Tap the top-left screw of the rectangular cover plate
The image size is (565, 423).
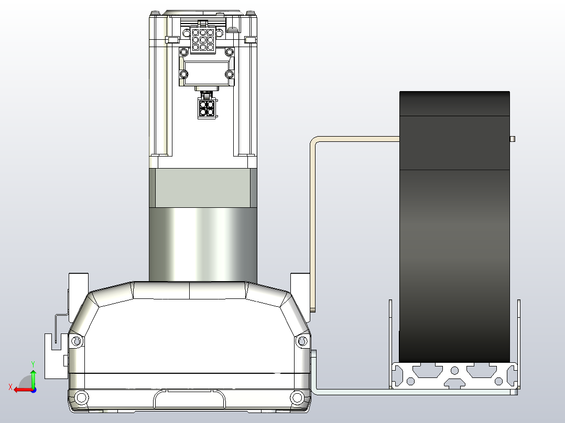183,52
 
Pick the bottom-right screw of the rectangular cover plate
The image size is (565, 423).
229,75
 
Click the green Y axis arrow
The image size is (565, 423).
33,376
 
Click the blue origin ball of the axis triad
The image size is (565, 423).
33,389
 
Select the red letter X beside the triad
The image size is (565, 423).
10,387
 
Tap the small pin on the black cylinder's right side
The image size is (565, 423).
513,139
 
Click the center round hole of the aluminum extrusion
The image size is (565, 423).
454,371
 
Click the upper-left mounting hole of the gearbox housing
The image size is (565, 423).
77,342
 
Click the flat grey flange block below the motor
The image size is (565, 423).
203,187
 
